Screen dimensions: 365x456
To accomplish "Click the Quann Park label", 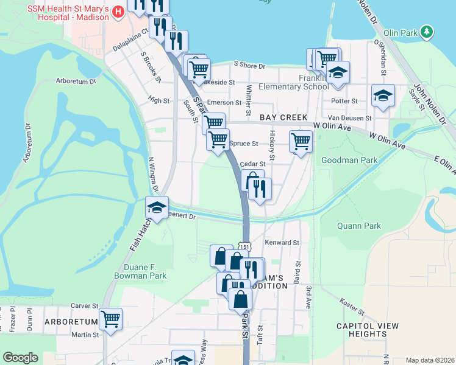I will click(x=359, y=226).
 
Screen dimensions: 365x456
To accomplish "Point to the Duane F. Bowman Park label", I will click(x=140, y=271).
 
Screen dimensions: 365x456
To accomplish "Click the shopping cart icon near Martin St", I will click(x=111, y=319).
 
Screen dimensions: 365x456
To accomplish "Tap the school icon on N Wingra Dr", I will click(x=157, y=208).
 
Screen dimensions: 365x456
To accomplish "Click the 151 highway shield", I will click(x=244, y=246).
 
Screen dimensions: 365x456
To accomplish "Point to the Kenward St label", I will click(x=282, y=242).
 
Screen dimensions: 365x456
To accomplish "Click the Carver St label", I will click(x=84, y=305).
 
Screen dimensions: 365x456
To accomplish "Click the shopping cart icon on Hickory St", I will click(x=301, y=142).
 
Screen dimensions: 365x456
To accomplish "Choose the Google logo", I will click(x=20, y=358).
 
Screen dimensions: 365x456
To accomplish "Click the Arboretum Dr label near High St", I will click(x=76, y=80).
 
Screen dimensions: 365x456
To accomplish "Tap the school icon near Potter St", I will click(x=383, y=96).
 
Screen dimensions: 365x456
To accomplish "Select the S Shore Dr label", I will click(x=250, y=66).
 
